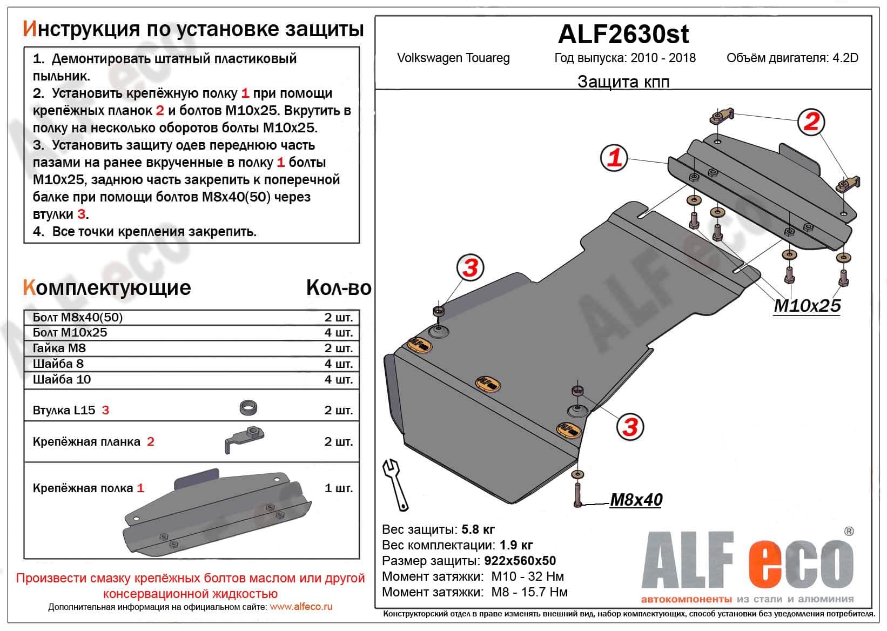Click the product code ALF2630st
(x=623, y=34)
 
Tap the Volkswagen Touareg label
(x=453, y=58)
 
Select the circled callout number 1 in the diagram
(x=615, y=158)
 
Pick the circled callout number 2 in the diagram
(x=811, y=122)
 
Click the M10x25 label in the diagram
(x=807, y=306)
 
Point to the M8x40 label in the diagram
(x=636, y=500)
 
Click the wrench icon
(x=395, y=484)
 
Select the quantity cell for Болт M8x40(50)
(x=338, y=317)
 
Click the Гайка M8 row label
(x=59, y=348)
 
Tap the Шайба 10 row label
(x=62, y=379)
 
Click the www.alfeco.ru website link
(x=301, y=607)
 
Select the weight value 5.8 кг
(x=478, y=529)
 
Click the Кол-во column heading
(x=338, y=288)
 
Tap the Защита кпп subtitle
(x=623, y=82)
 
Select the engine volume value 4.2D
(x=845, y=58)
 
